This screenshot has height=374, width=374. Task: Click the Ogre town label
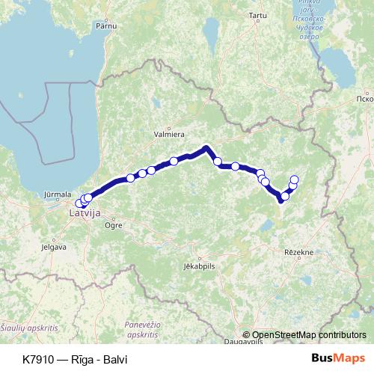click(114, 224)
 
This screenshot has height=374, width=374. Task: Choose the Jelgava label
click(54, 245)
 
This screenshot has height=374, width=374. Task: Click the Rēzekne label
click(299, 254)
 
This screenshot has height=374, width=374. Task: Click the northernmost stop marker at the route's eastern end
click(295, 179)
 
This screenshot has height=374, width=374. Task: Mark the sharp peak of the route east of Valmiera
click(206, 147)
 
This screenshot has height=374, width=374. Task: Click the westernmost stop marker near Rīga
click(79, 203)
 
